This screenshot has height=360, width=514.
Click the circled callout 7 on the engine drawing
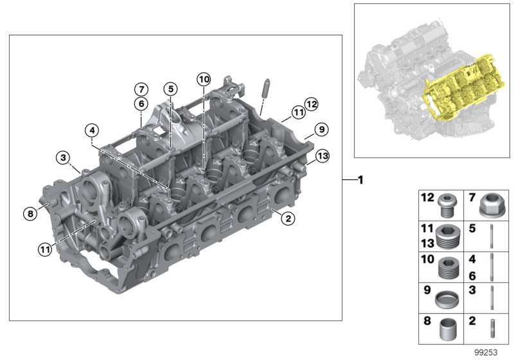141,89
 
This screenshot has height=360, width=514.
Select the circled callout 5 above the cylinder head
170,89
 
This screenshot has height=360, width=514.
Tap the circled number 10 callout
203,80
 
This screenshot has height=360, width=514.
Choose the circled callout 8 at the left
29,213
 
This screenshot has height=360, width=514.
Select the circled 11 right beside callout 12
297,113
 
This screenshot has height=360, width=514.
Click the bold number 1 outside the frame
360,180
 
